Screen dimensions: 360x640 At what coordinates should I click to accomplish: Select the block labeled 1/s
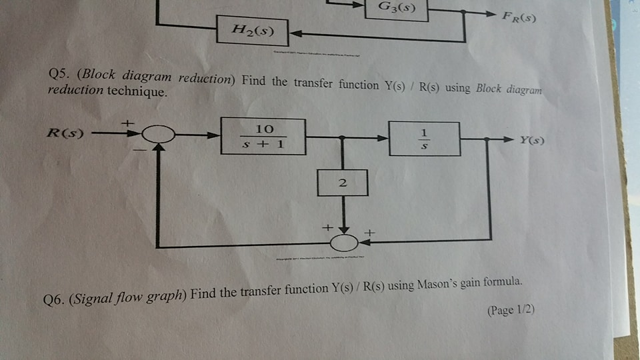click(x=424, y=139)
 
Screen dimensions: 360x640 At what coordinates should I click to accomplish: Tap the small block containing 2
click(x=343, y=182)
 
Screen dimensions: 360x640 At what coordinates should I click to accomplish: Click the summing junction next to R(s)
click(x=157, y=136)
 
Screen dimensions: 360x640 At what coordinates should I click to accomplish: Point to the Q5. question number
click(x=59, y=74)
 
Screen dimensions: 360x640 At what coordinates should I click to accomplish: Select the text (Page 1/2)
click(x=512, y=311)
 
